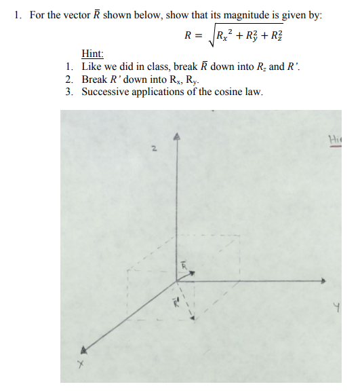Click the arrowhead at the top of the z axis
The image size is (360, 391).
click(x=177, y=136)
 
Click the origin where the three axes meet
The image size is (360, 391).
click(x=178, y=280)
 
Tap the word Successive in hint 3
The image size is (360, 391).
click(x=105, y=92)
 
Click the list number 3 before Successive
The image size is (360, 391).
click(x=70, y=92)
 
